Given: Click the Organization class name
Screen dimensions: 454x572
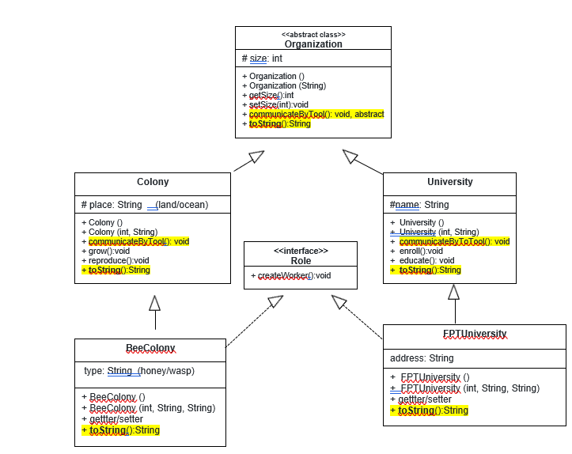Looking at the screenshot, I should [313, 44].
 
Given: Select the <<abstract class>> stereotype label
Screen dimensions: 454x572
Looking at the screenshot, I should [313, 35].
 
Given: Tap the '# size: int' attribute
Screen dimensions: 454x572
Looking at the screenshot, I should [262, 59].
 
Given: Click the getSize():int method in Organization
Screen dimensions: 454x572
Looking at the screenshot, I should [271, 95].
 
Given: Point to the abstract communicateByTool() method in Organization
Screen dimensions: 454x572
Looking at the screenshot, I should [316, 114].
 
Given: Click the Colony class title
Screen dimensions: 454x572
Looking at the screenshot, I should [153, 182].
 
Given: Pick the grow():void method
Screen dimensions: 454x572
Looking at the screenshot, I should [108, 251].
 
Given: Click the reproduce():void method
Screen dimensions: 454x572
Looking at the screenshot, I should [119, 260].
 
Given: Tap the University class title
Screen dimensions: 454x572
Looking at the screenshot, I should [449, 182].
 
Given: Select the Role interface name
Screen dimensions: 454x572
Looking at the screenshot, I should [301, 260].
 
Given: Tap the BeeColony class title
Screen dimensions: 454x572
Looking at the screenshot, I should [150, 349].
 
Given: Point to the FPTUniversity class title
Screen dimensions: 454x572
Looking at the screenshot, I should [474, 334].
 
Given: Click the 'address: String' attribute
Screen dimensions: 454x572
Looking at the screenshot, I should [422, 358].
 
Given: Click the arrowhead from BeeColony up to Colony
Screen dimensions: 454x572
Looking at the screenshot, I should [155, 303].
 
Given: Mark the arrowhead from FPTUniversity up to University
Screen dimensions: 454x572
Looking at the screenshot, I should [453, 292].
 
